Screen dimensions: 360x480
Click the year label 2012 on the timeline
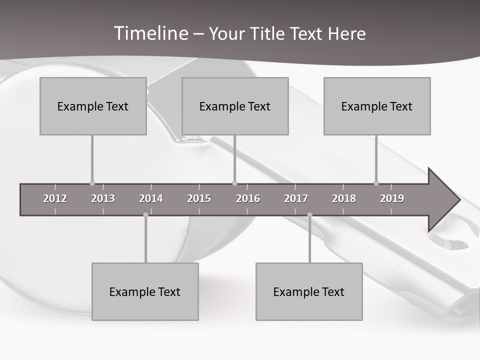click(55, 198)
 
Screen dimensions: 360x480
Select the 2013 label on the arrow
click(103, 198)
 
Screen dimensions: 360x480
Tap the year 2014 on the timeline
click(151, 198)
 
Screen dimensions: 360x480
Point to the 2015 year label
click(199, 198)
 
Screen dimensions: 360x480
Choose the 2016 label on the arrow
click(248, 198)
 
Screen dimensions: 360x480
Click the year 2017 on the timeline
click(296, 198)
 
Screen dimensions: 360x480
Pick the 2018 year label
click(344, 198)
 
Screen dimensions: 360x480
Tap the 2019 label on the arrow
click(392, 198)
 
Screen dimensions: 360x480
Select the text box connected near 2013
click(93, 106)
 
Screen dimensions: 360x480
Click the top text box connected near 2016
click(235, 106)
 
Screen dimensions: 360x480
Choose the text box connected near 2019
click(377, 106)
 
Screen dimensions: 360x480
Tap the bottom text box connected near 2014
click(145, 291)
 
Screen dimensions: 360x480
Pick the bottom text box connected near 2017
click(309, 291)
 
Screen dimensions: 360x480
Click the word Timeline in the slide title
click(151, 33)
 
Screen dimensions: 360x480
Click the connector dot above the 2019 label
click(376, 183)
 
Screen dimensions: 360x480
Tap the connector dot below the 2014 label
click(145, 215)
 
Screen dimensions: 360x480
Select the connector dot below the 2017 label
click(309, 215)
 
